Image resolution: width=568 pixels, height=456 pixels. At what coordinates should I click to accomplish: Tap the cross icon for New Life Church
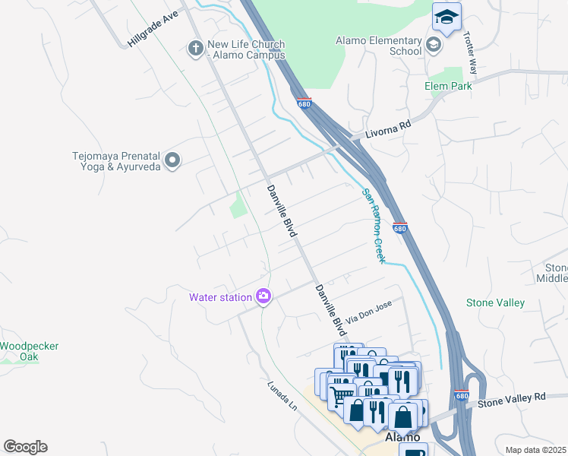point(195,49)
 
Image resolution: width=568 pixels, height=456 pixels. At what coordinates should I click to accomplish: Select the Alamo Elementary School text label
point(379,46)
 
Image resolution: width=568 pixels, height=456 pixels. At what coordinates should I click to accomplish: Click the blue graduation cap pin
point(447,17)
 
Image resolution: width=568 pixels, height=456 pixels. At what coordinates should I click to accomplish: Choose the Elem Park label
point(448,86)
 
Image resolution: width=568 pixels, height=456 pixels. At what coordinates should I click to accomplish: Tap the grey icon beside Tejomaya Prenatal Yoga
point(172,160)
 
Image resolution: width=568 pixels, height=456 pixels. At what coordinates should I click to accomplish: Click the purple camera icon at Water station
point(263,296)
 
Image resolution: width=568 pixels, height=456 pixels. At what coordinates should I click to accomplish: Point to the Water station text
point(220,296)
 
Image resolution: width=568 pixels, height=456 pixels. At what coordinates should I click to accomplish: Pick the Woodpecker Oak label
point(29,351)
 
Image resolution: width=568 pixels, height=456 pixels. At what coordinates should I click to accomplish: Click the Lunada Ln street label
point(281,394)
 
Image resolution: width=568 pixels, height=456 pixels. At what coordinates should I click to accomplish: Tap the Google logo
point(25,447)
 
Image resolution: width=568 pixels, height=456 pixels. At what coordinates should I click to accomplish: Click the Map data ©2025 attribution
point(535,450)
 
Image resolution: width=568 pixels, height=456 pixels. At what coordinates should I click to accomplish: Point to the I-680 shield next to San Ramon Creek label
point(400,227)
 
